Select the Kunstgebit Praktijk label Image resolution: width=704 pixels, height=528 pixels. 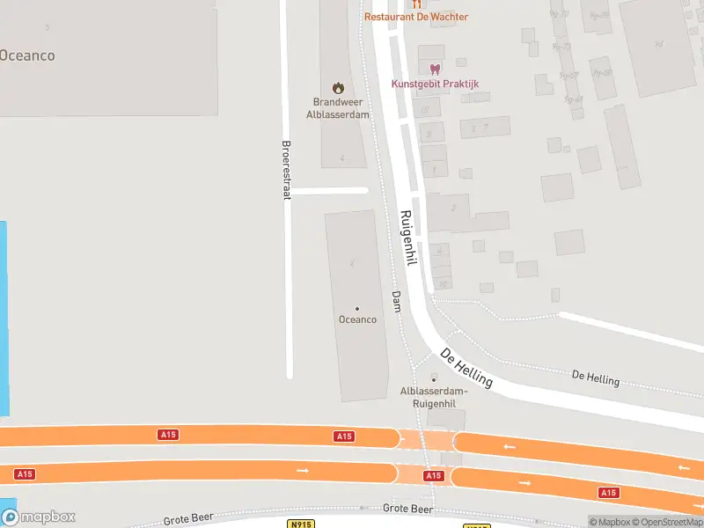click(x=435, y=84)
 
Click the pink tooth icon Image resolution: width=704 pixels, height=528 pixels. click(x=434, y=70)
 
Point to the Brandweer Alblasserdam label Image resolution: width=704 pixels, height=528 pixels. click(x=337, y=108)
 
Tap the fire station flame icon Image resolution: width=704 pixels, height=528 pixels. click(x=337, y=87)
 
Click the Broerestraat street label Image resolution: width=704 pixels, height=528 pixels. click(x=285, y=170)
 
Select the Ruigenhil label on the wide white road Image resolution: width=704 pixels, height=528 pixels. click(x=407, y=237)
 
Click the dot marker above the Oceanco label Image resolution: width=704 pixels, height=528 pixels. click(x=357, y=308)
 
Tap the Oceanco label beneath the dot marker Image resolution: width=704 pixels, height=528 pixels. click(x=357, y=319)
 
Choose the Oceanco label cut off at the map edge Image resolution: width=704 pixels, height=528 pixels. click(x=26, y=55)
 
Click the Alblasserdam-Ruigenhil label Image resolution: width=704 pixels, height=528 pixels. click(x=433, y=397)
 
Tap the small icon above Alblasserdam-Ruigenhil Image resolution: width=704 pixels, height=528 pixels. click(x=433, y=378)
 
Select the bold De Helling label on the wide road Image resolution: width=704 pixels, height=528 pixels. click(x=466, y=369)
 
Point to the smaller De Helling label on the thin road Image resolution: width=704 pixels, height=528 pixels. click(x=596, y=378)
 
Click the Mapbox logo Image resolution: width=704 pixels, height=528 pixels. click(x=39, y=517)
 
